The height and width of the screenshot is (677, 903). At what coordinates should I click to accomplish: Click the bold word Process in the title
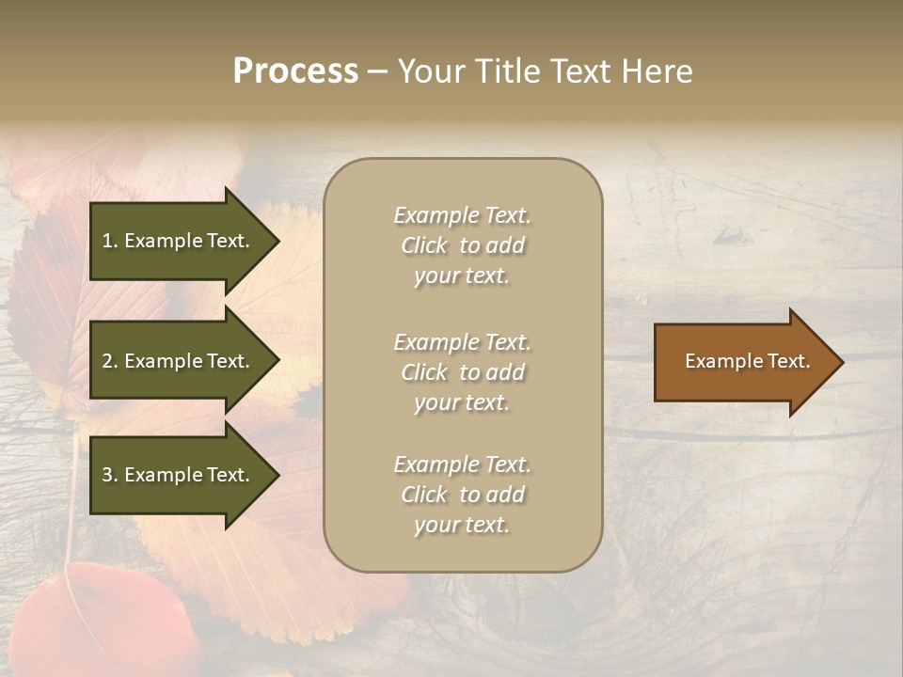(295, 71)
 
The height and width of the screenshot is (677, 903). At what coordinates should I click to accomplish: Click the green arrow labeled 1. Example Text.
(179, 241)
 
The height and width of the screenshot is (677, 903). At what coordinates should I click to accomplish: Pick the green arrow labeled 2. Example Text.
(179, 361)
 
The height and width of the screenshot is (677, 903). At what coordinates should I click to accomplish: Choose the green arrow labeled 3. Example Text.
(179, 475)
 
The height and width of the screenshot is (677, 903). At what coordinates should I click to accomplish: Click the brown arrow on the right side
(743, 362)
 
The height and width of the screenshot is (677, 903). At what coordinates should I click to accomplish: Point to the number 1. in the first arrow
(110, 241)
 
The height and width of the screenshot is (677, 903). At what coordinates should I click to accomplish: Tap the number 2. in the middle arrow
(110, 361)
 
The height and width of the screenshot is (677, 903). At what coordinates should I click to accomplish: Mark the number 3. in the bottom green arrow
(110, 475)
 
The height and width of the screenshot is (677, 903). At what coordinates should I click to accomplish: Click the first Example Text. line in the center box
(462, 215)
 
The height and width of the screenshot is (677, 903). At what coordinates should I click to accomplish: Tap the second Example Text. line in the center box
(462, 342)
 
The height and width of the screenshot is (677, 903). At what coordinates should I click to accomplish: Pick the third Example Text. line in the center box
(462, 464)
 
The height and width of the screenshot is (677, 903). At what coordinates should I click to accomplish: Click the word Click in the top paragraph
(424, 245)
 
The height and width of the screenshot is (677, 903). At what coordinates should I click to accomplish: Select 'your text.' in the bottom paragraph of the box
(462, 525)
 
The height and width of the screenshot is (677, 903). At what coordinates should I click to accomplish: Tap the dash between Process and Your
(377, 71)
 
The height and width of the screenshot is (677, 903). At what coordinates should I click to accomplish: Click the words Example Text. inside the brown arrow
(747, 361)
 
